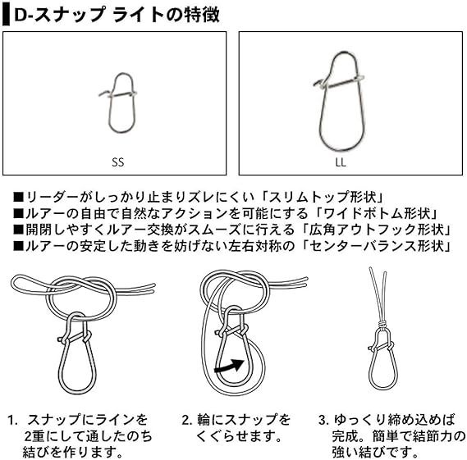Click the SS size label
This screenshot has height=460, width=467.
(118, 162)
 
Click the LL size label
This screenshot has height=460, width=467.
(341, 162)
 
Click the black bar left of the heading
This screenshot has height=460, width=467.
(6, 15)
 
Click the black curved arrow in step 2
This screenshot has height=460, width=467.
(230, 366)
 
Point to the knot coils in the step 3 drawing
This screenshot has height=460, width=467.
(382, 323)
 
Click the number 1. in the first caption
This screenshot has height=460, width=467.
(13, 420)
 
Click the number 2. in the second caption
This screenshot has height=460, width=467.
(187, 420)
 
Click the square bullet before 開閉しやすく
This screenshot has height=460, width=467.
(18, 230)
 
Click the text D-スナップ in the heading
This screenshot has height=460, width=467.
(59, 15)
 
